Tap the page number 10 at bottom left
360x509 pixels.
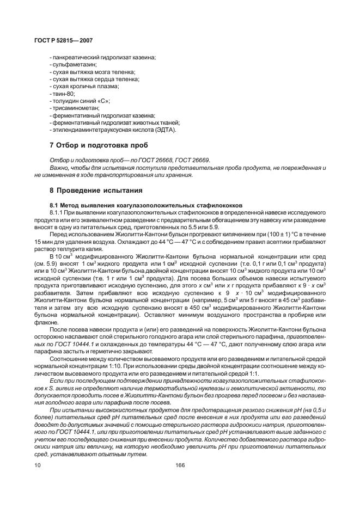click(x=37, y=465)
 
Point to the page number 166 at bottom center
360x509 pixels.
click(x=180, y=465)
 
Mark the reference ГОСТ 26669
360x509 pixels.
click(x=194, y=160)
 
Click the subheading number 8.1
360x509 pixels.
click(x=55, y=204)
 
